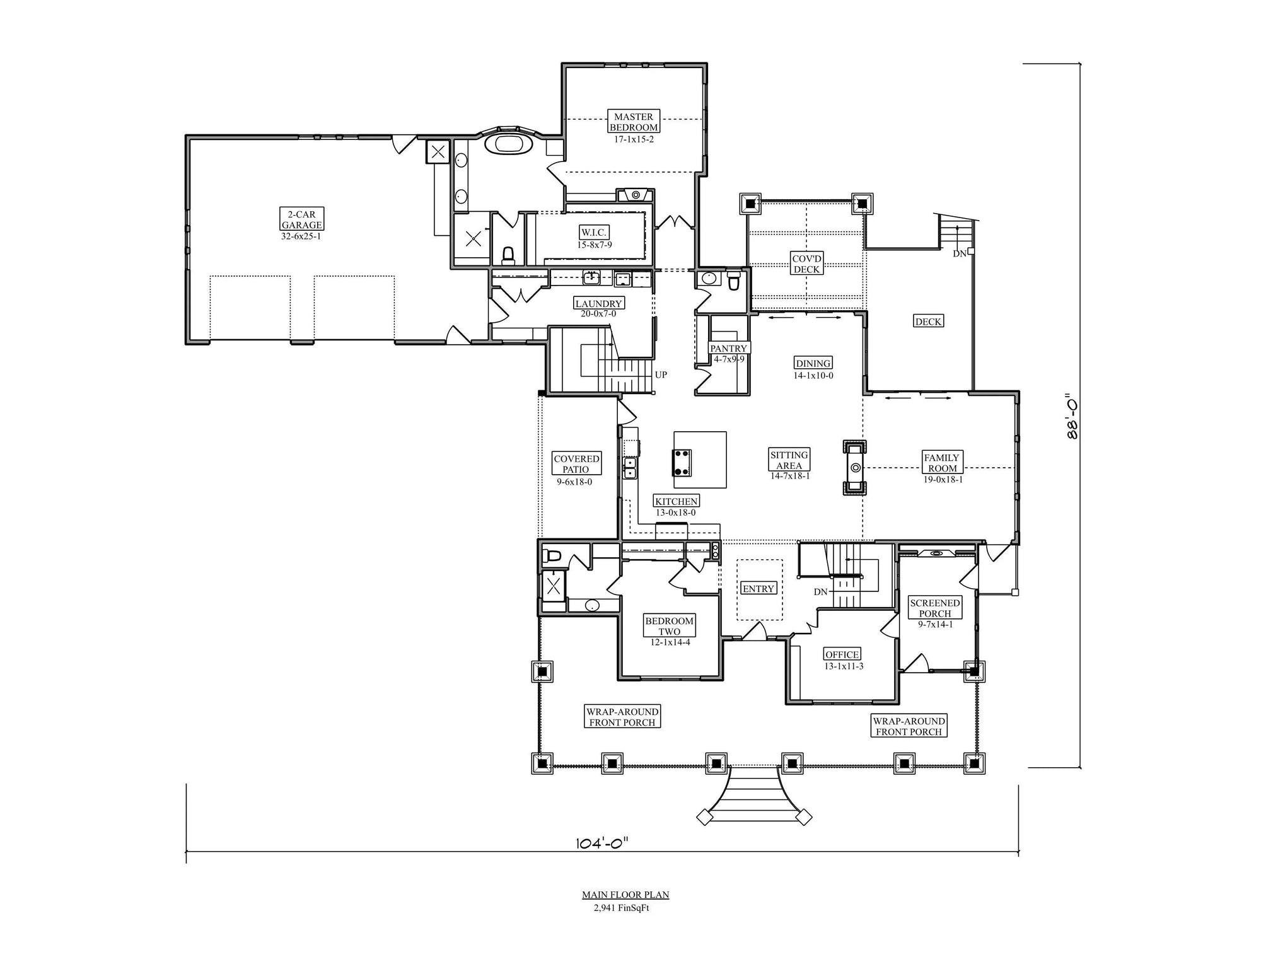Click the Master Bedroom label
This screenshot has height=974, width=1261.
[x=634, y=122]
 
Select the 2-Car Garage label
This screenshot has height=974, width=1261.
[x=301, y=219]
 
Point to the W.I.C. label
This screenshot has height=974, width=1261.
[x=594, y=233]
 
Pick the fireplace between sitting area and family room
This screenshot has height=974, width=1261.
[x=856, y=467]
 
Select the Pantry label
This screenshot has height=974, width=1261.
[x=728, y=348]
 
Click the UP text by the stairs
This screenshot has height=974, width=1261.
[x=661, y=374]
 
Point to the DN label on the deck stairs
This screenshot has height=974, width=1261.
[x=959, y=254]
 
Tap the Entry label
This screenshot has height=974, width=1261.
[x=758, y=589]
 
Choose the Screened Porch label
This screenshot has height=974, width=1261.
[x=935, y=608]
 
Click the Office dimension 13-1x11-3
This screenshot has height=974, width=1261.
[x=844, y=666]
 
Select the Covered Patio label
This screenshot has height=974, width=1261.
[x=576, y=464]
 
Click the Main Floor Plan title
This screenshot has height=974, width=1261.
[x=625, y=895]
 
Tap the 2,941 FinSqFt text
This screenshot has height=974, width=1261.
[x=621, y=908]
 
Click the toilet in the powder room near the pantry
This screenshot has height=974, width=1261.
[x=733, y=281]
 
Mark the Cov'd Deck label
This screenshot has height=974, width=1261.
[x=806, y=264]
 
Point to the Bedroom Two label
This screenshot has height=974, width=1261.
[x=670, y=626]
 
